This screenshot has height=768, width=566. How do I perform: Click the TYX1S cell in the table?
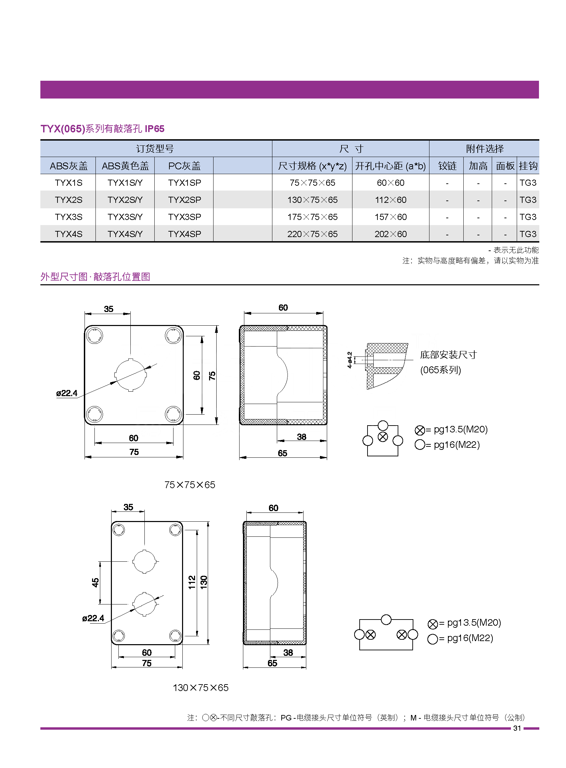point(68,183)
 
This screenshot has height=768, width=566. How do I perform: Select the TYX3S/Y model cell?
point(125,217)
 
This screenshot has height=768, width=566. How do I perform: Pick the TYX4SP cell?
point(184,234)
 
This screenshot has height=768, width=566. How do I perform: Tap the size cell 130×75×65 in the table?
point(312,200)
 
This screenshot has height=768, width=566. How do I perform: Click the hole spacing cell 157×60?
point(390,217)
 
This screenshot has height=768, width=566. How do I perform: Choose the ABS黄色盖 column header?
point(125,166)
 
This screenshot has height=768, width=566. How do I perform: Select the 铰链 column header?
point(447,166)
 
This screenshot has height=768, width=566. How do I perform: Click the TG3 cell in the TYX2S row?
point(528,200)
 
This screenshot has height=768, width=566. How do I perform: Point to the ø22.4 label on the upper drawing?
point(67,393)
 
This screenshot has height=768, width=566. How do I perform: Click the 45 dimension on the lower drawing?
point(95,582)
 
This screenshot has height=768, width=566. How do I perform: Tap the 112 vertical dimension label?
point(192,582)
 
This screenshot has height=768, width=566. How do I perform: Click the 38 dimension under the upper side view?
point(301,437)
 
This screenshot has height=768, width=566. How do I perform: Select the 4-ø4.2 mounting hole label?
point(350,360)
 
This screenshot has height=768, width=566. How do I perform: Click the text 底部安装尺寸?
point(449,355)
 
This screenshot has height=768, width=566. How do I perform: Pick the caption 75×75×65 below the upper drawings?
point(190,485)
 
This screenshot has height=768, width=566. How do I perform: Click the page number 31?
point(517,728)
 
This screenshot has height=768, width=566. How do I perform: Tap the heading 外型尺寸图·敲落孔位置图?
point(95,277)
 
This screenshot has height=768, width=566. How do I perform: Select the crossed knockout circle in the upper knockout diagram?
point(383,437)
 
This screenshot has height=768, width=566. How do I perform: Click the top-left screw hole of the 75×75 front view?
point(94,335)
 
